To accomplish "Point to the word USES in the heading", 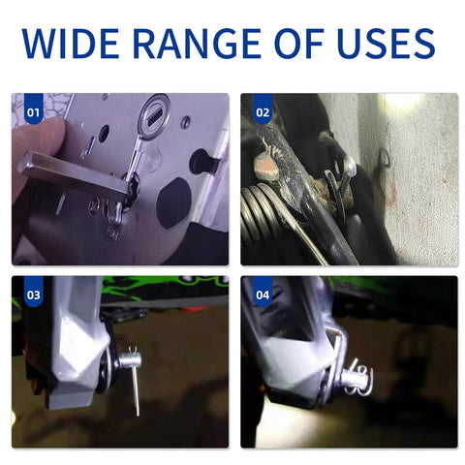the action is pyautogui.click(x=386, y=44).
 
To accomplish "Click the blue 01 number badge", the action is pyautogui.click(x=34, y=108).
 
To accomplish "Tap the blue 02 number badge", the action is pyautogui.click(x=263, y=108).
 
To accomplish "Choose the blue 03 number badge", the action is pyautogui.click(x=34, y=292).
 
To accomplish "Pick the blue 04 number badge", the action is pyautogui.click(x=263, y=292).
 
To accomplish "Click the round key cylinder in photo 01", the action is pyautogui.click(x=154, y=116).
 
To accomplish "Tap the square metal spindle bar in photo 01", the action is pyautogui.click(x=75, y=175).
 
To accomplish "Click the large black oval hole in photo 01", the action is pyautogui.click(x=173, y=203).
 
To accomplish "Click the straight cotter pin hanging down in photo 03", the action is pyautogui.click(x=136, y=386).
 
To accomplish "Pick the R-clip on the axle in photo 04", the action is pyautogui.click(x=358, y=378).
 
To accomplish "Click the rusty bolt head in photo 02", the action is pyautogui.click(x=266, y=166).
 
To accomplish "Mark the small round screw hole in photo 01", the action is pyautogui.click(x=186, y=121).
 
